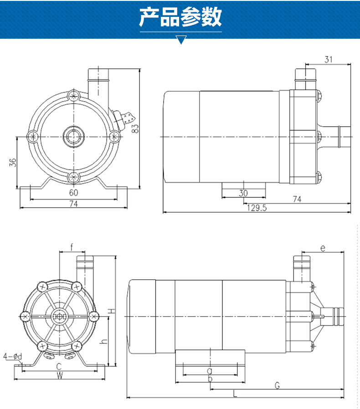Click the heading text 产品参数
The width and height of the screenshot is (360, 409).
(180, 17)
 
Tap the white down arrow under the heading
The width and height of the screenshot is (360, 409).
(181, 40)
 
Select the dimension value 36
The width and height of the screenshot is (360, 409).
(13, 162)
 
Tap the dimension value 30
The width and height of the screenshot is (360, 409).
(243, 193)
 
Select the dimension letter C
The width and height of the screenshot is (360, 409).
(59, 367)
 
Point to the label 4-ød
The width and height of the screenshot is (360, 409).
(12, 356)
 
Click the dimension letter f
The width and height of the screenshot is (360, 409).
(72, 247)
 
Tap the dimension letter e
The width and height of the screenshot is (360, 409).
(322, 248)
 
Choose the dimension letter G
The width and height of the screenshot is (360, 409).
(277, 386)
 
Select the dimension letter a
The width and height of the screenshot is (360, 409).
(210, 371)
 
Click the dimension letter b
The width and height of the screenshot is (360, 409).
(210, 379)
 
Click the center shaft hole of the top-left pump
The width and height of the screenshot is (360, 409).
(73, 136)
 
